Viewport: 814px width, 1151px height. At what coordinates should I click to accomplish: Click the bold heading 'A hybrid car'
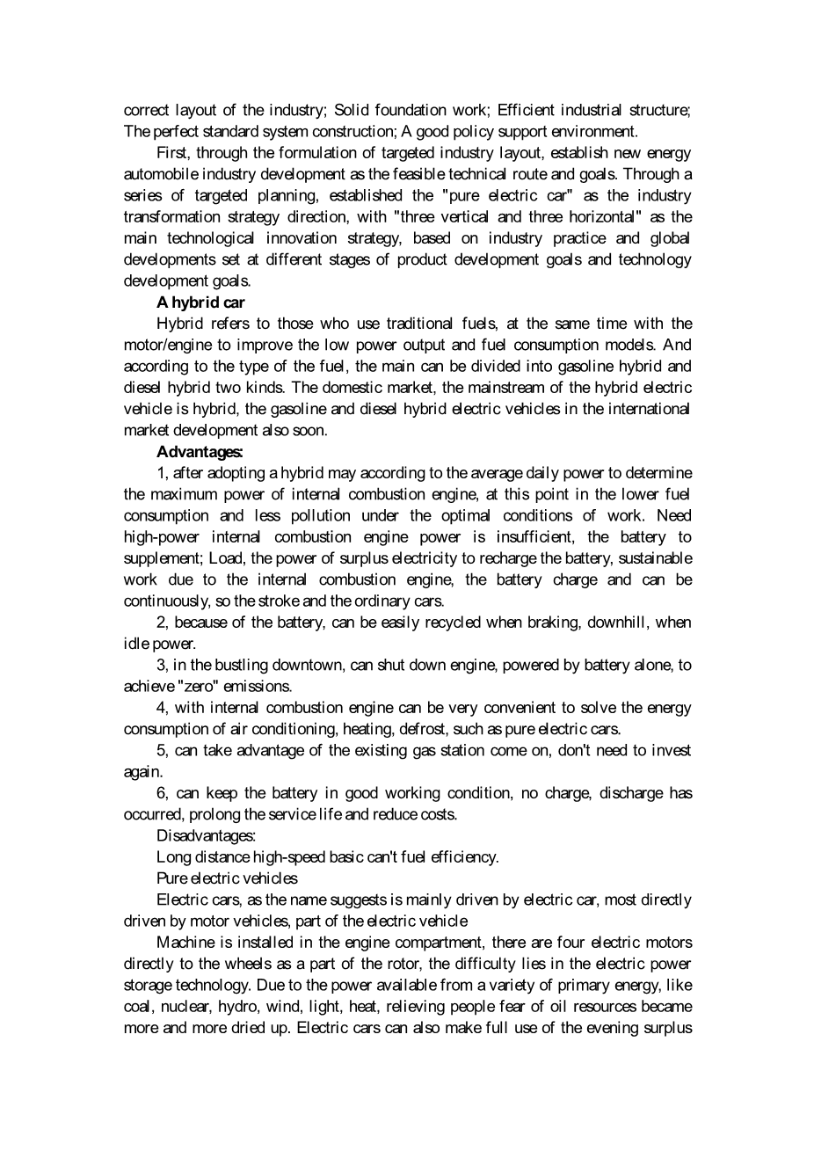click(200, 302)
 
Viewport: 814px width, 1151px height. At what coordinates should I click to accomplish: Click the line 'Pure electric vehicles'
click(227, 878)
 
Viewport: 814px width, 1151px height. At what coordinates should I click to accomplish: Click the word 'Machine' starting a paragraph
click(182, 943)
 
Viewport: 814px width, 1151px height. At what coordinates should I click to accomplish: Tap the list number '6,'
click(163, 793)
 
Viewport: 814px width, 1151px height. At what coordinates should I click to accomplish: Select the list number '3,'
click(163, 665)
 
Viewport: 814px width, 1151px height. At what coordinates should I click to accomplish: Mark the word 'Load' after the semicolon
click(223, 558)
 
